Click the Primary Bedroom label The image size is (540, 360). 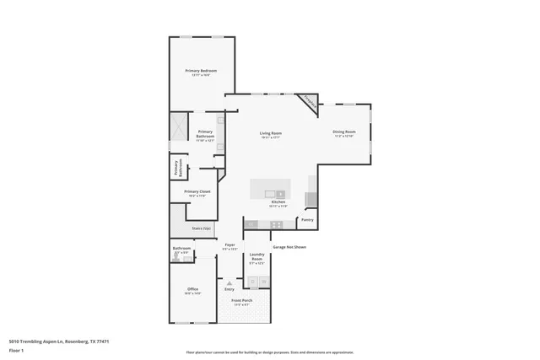pos(202,71)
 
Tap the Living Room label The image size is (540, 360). pos(270,133)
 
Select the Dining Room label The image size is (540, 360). pos(343,132)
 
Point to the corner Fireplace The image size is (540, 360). pos(310,104)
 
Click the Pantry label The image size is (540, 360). pos(307,220)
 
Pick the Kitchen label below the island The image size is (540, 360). pos(278,202)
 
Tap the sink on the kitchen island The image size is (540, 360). pos(278,194)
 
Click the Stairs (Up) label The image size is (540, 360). pos(202,227)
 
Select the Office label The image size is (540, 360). pos(193,290)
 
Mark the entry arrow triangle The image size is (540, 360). pos(228,283)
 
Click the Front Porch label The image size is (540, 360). pos(243,301)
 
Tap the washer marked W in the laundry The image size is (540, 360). pos(251,282)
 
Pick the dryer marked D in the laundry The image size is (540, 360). pos(263,282)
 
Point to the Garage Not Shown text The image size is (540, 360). pos(289,247)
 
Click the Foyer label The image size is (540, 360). pos(229,245)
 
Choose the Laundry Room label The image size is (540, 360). pos(257,259)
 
